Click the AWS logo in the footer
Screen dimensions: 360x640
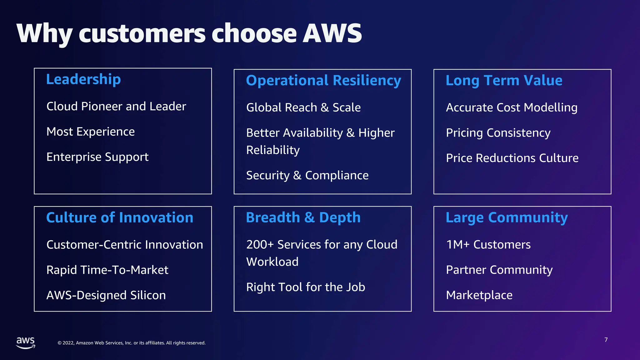pos(26,342)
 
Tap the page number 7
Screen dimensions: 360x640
pos(606,340)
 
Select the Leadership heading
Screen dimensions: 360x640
pos(83,79)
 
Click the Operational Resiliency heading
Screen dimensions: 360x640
pos(323,81)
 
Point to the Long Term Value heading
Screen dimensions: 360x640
pos(504,81)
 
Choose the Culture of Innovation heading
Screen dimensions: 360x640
pos(120,217)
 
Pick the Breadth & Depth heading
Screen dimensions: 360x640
pos(303,217)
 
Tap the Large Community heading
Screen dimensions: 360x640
pos(507,217)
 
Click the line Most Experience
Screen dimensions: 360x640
pos(91,132)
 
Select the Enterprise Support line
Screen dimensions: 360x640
pos(97,157)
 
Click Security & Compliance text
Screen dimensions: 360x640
pos(307,175)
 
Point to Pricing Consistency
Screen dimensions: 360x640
pos(498,133)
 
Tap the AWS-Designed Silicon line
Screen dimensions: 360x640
pos(106,295)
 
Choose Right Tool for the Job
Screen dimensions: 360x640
pos(306,287)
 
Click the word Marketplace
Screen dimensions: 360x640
pos(479,295)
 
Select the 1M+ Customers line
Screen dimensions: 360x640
pos(488,245)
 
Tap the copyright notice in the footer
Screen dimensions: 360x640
pos(132,343)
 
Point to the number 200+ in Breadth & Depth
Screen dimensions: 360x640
pos(260,245)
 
